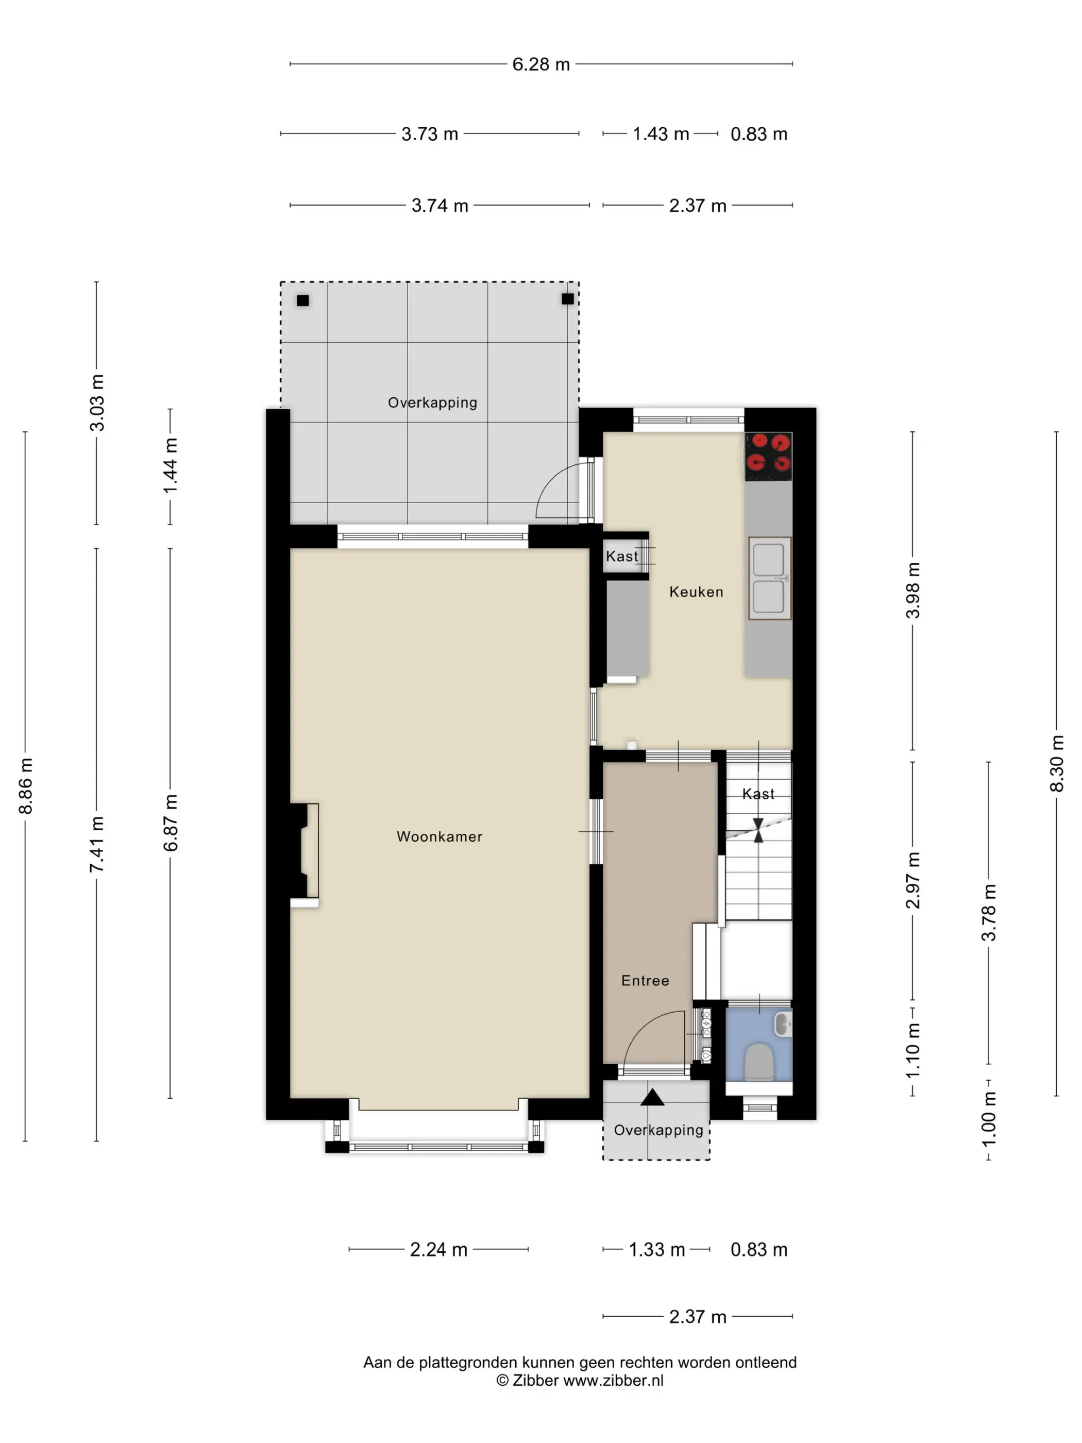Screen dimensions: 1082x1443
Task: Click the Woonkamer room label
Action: pos(439,836)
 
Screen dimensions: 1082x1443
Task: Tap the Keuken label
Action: pos(696,592)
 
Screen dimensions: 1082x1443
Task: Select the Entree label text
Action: pos(645,981)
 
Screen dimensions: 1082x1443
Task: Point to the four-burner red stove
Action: pos(768,456)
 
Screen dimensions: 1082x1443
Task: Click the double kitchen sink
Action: pos(770,578)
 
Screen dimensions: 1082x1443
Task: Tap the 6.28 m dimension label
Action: pos(540,64)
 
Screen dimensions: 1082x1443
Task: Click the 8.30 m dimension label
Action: pos(1057,763)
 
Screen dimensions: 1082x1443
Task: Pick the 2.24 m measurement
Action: pos(438,1249)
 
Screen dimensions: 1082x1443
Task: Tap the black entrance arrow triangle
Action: pos(652,1097)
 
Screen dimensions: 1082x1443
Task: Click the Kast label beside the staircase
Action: pos(758,794)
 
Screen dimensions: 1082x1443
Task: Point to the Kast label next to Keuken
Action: pos(622,557)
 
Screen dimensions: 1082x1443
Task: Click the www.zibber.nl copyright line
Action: pos(580,1380)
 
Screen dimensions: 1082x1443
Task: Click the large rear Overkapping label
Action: pos(432,403)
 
